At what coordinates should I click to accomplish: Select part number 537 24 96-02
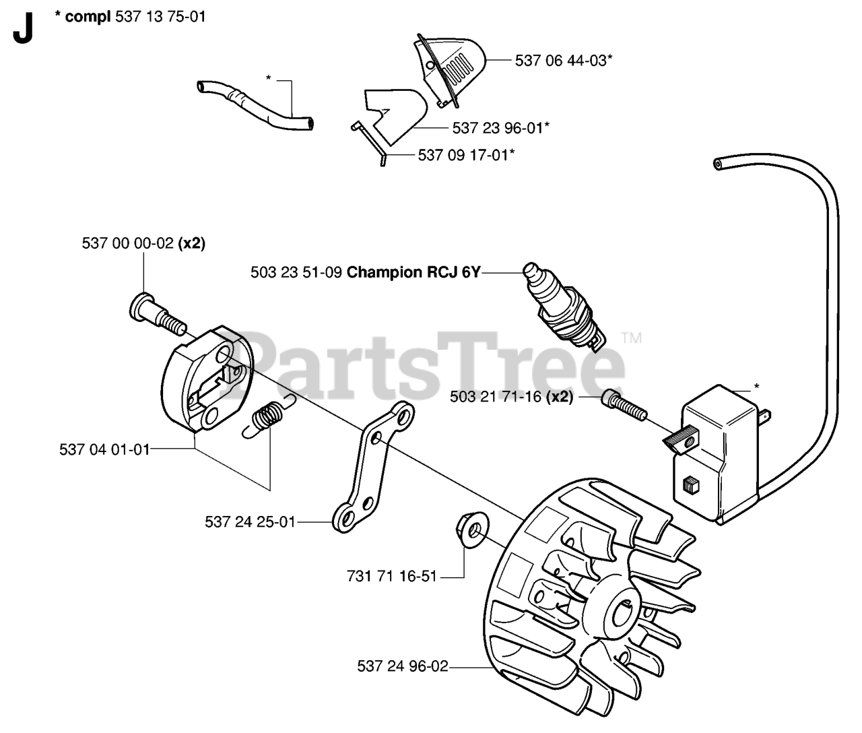click(x=402, y=666)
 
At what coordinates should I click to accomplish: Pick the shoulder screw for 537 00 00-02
click(x=154, y=314)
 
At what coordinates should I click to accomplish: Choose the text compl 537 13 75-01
click(x=130, y=16)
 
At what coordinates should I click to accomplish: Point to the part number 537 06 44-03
click(x=564, y=60)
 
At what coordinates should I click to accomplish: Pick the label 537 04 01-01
click(x=104, y=449)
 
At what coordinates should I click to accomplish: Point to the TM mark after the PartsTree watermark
click(x=631, y=338)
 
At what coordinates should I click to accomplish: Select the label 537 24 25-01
click(x=250, y=522)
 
